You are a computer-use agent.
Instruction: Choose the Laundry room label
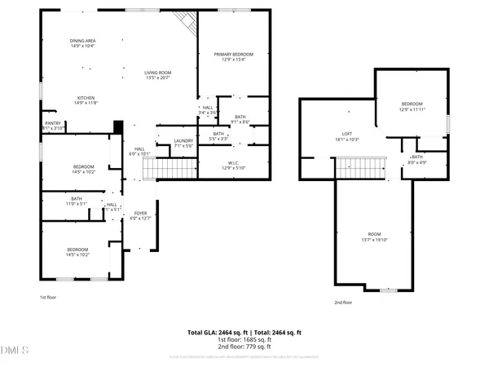tap(183, 144)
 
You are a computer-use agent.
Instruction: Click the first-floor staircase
tap(170, 169)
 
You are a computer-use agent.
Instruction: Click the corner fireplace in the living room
tap(189, 24)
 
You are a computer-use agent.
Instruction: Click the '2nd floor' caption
tap(343, 303)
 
